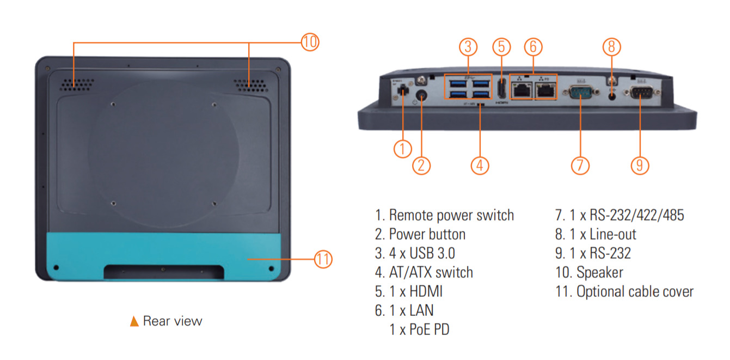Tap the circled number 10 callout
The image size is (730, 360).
click(309, 42)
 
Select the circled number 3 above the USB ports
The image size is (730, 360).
click(468, 47)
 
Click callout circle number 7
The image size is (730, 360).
click(580, 165)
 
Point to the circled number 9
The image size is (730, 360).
click(640, 165)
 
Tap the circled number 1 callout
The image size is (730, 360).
click(403, 149)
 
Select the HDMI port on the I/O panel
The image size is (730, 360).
click(501, 89)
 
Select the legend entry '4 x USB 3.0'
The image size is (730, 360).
click(422, 253)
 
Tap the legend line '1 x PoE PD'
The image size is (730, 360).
click(419, 330)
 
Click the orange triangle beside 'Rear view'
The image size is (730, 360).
click(134, 321)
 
